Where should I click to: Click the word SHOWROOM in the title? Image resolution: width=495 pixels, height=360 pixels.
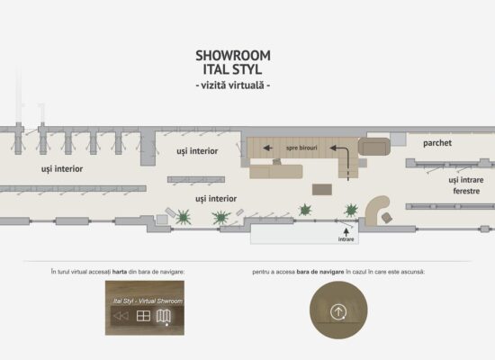(x=233, y=56)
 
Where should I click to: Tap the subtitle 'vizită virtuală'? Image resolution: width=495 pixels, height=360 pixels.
(x=233, y=85)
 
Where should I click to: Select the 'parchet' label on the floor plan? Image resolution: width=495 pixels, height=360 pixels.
(x=437, y=143)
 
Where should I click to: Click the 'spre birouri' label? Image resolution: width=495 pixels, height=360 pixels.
(x=301, y=148)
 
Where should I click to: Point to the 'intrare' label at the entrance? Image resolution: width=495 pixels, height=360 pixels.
(x=346, y=239)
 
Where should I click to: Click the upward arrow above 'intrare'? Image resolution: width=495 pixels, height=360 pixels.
(x=346, y=232)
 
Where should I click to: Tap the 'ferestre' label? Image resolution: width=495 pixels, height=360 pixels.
(x=466, y=191)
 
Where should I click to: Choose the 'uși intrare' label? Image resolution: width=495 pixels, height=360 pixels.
(x=466, y=180)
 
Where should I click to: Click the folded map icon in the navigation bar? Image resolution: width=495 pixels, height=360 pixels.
(x=164, y=316)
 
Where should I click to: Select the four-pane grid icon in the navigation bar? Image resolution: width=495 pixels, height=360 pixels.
(x=143, y=316)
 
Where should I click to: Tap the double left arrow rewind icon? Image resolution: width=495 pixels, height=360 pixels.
(x=121, y=316)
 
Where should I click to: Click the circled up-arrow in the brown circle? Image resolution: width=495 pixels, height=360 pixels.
(x=338, y=312)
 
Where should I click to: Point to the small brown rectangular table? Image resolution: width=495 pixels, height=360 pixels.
(x=322, y=190)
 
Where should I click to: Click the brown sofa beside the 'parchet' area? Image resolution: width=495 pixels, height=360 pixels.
(x=374, y=147)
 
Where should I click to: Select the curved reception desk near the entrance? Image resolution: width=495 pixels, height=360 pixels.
(x=375, y=209)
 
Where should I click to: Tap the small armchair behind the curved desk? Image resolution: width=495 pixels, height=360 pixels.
(x=387, y=217)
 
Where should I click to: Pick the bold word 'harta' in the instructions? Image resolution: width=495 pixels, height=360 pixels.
(x=120, y=272)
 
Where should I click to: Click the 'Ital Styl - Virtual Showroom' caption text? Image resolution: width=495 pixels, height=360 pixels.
(x=148, y=301)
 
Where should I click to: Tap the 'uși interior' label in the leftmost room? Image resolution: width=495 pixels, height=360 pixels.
(x=62, y=169)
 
